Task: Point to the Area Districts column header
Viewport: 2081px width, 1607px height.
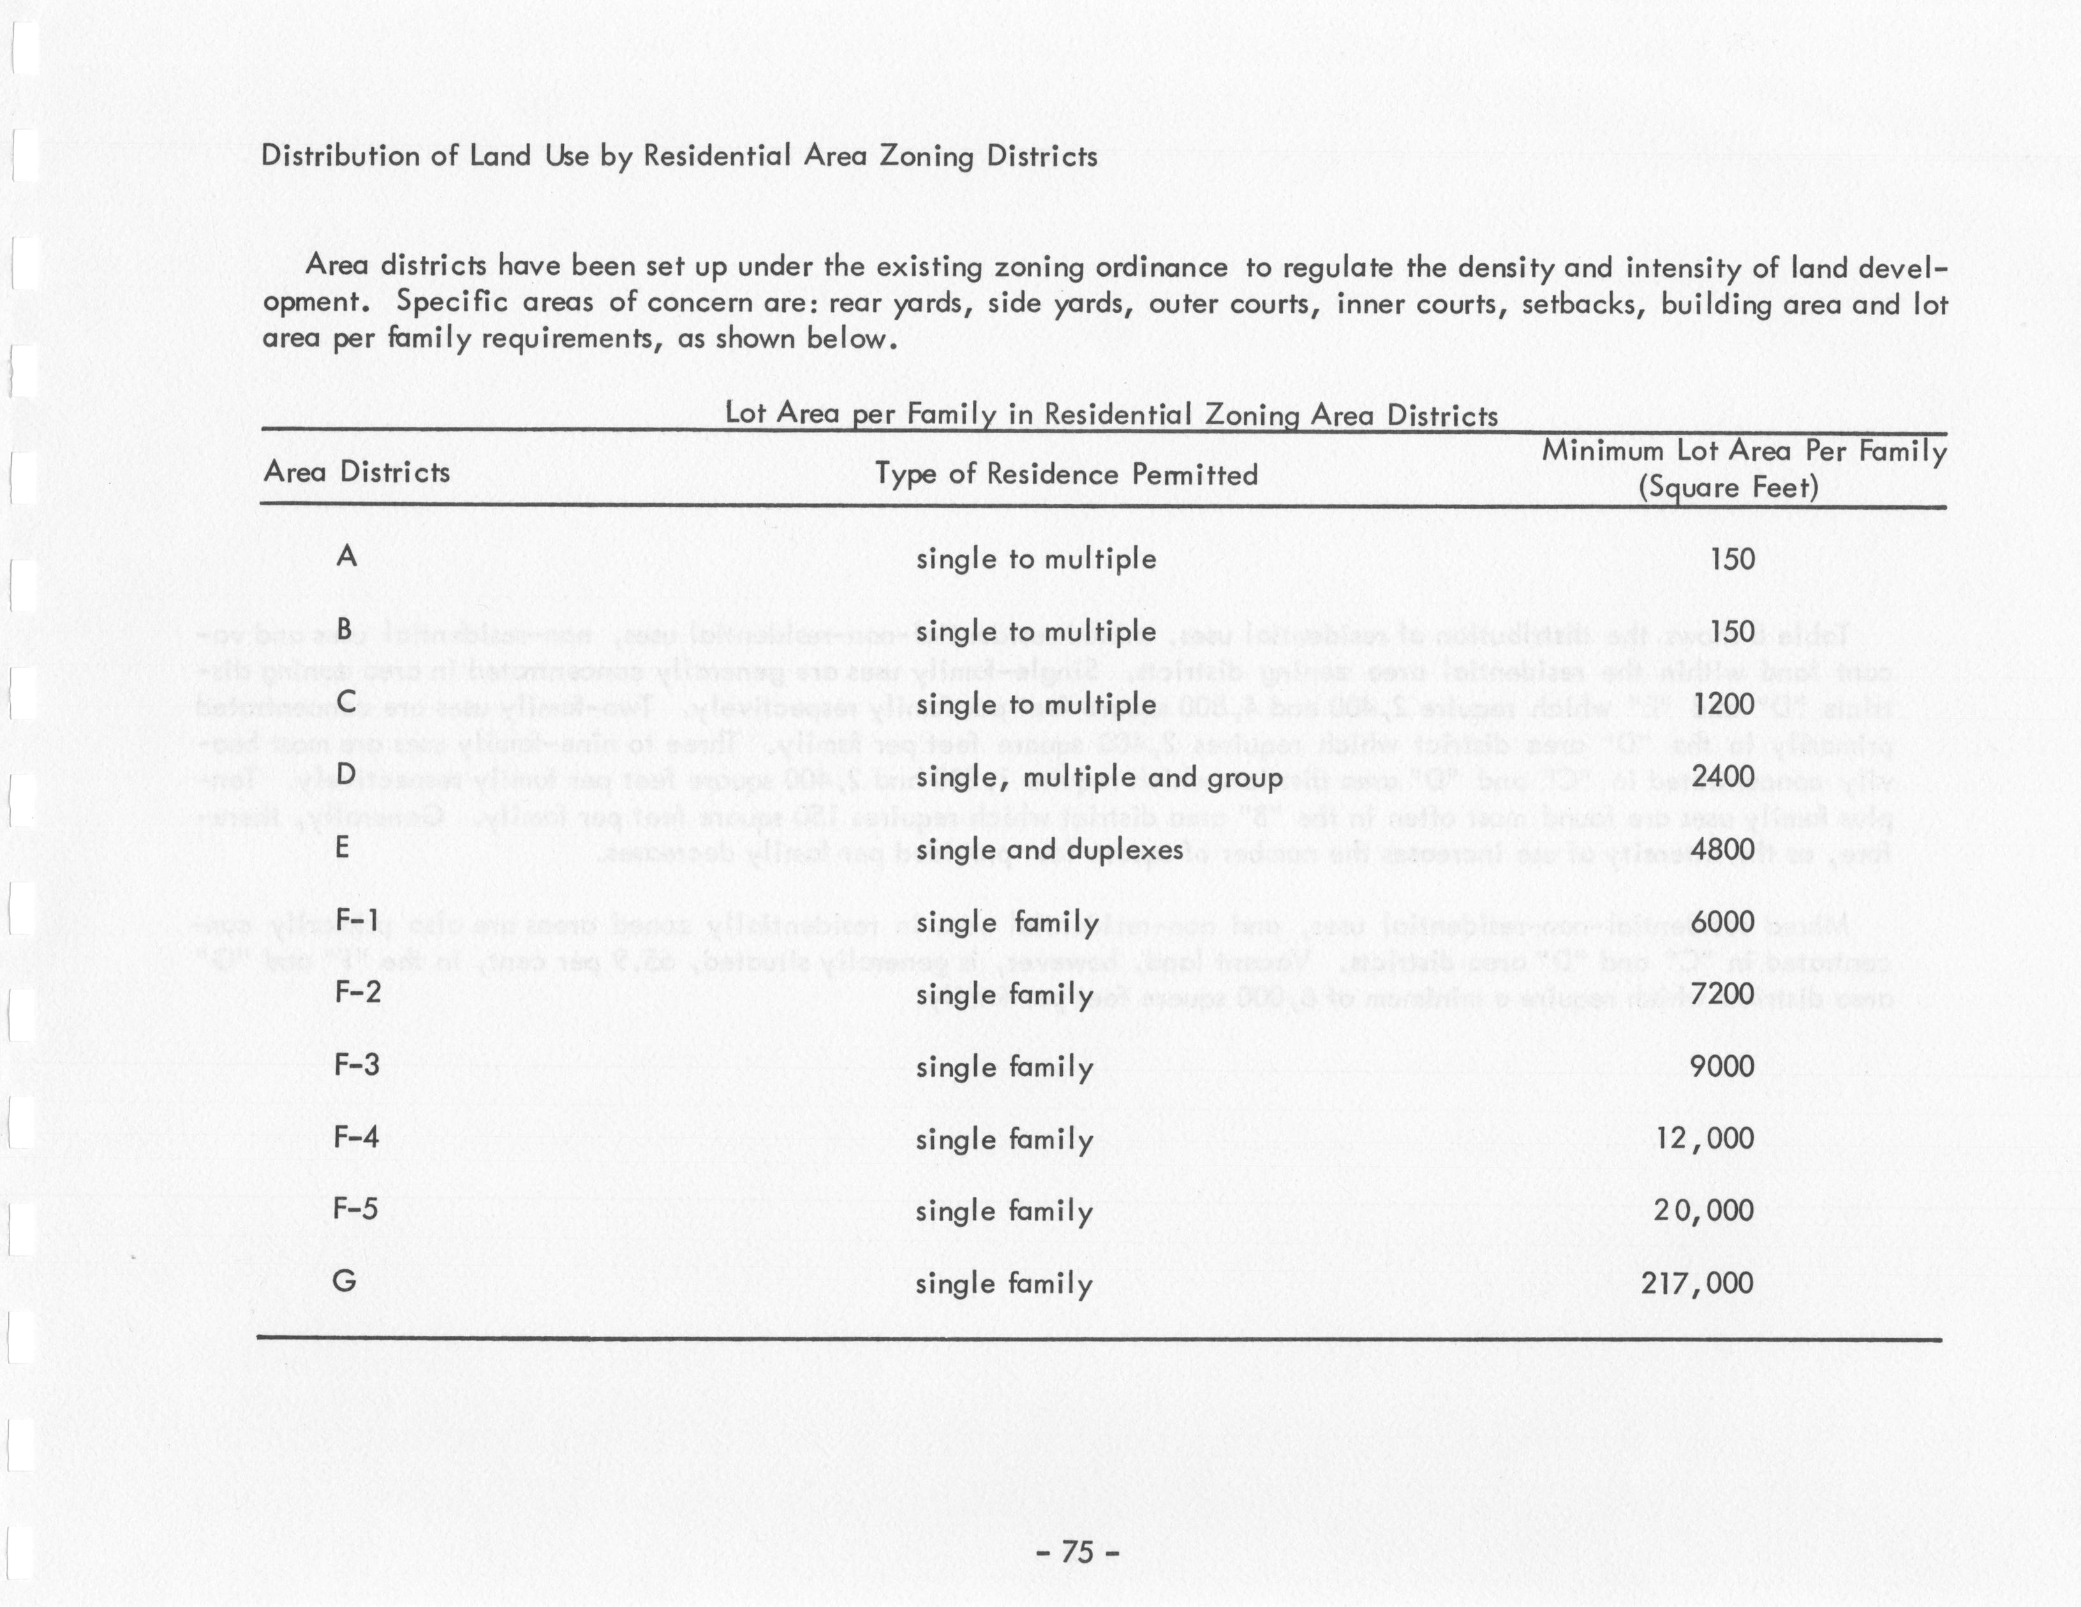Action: tap(357, 471)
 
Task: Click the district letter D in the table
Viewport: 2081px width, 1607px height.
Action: tap(345, 773)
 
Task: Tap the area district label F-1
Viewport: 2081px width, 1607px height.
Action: tap(357, 920)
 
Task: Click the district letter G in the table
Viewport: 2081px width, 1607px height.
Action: tap(345, 1279)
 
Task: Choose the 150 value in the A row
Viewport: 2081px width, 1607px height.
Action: tap(1732, 559)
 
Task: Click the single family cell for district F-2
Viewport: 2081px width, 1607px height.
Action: tap(1004, 995)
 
